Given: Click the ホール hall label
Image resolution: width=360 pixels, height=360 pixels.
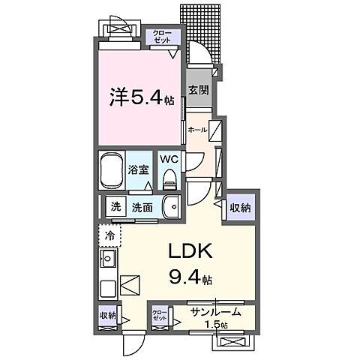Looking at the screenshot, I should click(x=197, y=130).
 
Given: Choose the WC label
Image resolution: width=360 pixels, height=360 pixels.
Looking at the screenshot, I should click(x=168, y=159).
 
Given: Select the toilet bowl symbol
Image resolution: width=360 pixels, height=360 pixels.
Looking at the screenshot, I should click(x=169, y=178).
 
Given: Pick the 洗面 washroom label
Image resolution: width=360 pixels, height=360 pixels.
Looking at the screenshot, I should click(x=142, y=207).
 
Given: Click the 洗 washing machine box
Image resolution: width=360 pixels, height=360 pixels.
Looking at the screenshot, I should click(x=116, y=207).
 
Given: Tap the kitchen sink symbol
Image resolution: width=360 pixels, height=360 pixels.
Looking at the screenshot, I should click(x=106, y=262).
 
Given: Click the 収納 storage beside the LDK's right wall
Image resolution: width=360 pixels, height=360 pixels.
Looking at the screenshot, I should click(x=240, y=207).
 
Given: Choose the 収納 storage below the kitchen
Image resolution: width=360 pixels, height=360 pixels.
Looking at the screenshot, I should click(x=107, y=316).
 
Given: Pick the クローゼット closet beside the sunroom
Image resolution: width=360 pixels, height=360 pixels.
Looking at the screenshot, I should click(x=160, y=314).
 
